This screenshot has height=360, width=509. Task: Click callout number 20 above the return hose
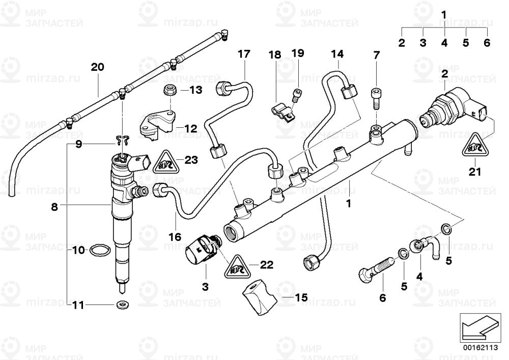click(97, 67)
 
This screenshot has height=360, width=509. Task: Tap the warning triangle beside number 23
click(165, 161)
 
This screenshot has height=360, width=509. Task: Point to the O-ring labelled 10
click(99, 250)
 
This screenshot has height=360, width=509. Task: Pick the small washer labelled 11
click(122, 305)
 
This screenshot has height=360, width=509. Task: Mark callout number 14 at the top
click(338, 54)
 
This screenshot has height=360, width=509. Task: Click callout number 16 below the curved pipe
click(175, 237)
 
